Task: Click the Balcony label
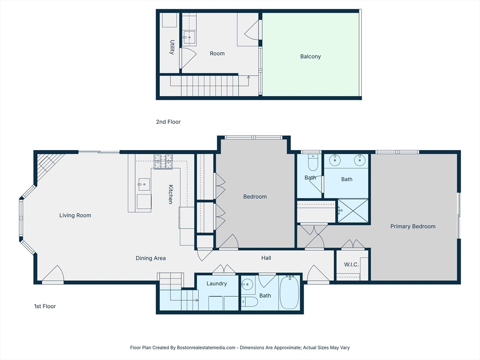310,57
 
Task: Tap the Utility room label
172,47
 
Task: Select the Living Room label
75,216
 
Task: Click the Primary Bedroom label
412,226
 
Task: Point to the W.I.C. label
351,265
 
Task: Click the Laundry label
217,284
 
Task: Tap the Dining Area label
150,258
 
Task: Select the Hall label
266,258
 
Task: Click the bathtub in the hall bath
289,292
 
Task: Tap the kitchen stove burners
164,161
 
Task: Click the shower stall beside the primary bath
353,210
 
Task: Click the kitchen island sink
143,184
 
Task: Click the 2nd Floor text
168,122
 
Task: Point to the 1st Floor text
45,307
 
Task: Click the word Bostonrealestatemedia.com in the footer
206,348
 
